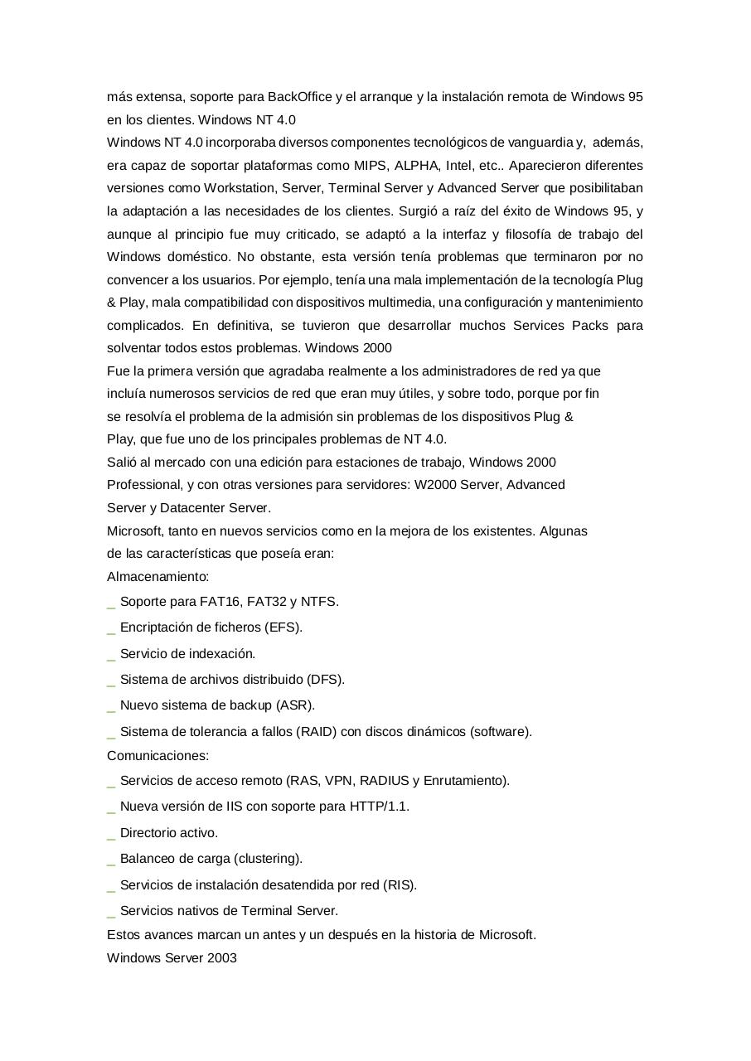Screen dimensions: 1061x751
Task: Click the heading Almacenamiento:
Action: pos(157,576)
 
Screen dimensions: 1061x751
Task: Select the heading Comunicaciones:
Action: pos(157,755)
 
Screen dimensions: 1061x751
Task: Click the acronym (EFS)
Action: pos(283,627)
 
